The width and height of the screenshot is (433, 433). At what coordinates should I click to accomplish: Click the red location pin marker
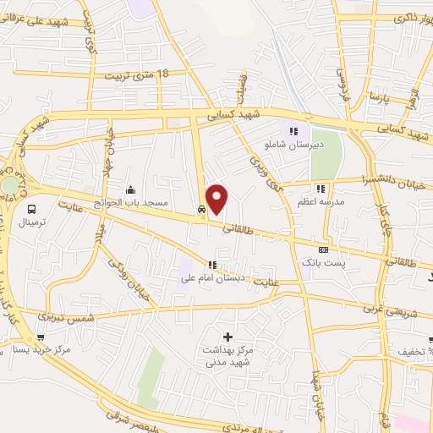(x=218, y=198)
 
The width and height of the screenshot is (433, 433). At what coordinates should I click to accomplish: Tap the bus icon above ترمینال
(x=31, y=209)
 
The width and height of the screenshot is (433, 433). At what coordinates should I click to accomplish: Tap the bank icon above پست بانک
(x=324, y=250)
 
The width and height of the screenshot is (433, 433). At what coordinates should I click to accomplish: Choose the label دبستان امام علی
(x=206, y=278)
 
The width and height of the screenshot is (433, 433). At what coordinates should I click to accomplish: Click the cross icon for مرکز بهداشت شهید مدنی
(x=227, y=337)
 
